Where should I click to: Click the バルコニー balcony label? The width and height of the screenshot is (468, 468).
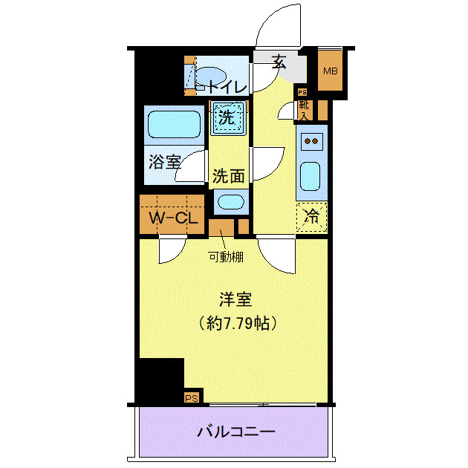click(236, 432)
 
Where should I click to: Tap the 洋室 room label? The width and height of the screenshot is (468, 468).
click(235, 300)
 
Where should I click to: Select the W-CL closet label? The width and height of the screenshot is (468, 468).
click(172, 218)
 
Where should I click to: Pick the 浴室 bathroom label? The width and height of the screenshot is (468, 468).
click(164, 163)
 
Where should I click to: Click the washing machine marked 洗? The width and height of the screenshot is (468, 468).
click(227, 117)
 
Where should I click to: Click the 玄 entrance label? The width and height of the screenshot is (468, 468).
click(279, 63)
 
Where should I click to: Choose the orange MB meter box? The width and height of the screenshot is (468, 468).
click(330, 72)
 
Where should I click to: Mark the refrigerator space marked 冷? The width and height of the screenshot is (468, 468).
click(312, 218)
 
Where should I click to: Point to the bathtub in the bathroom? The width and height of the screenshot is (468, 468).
click(175, 125)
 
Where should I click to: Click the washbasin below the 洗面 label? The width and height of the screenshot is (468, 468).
click(231, 202)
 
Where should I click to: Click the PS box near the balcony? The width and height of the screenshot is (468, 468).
click(192, 397)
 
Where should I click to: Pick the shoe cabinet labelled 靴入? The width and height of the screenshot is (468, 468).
click(304, 109)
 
